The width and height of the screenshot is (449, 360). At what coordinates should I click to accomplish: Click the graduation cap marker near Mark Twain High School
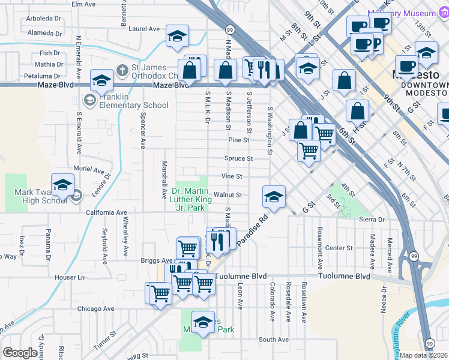point(62,186)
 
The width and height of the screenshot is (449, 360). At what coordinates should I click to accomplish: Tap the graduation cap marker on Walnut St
point(273,196)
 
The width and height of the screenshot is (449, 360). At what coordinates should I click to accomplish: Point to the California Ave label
point(106,212)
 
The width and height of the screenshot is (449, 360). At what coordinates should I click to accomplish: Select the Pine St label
point(238,140)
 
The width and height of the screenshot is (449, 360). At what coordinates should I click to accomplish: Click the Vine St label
point(231,176)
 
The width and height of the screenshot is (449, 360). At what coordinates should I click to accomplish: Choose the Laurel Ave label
point(144,28)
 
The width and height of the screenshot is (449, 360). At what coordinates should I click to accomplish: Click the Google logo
point(20,353)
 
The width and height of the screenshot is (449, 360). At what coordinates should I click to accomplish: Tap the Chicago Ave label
point(95,308)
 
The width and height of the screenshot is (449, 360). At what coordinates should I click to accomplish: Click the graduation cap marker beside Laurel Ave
point(177,37)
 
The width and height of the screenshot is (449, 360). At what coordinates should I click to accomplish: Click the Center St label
point(338,247)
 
